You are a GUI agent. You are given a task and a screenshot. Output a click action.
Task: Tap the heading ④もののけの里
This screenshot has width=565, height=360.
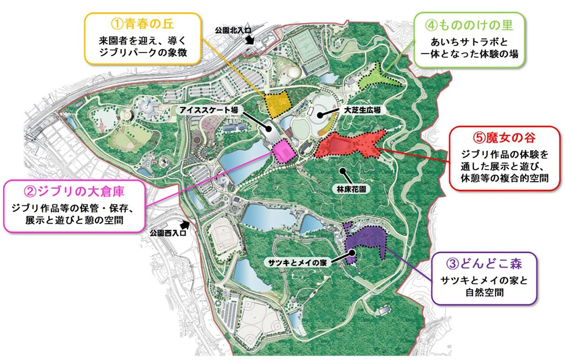point(466,25)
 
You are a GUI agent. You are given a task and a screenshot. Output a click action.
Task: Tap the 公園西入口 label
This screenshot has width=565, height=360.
point(168,232)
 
